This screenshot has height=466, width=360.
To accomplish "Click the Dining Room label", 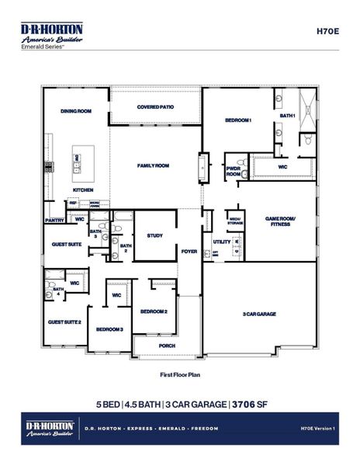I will [x=76, y=112].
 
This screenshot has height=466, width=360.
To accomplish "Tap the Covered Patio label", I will [x=155, y=107].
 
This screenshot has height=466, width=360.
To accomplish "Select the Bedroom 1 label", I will [x=238, y=120].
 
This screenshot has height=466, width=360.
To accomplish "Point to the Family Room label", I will [x=154, y=166].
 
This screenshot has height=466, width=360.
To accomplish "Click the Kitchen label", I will [x=83, y=190].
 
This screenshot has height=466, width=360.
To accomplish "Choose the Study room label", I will [x=154, y=235].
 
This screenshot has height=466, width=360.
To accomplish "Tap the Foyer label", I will [x=189, y=252].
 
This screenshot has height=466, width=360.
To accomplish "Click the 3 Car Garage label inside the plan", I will [x=260, y=314].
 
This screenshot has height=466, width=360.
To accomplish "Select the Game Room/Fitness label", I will [x=278, y=221].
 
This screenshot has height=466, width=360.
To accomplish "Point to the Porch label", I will [x=167, y=346].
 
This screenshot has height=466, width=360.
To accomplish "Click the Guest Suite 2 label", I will [x=64, y=322].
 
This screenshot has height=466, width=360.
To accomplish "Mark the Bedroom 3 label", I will [x=109, y=329].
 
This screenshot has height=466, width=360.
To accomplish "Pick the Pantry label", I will [x=54, y=221].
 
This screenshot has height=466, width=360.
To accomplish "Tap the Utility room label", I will [x=221, y=242].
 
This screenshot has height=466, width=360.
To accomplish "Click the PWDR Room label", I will [x=233, y=172].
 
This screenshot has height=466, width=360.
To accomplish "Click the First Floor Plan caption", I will [x=180, y=374].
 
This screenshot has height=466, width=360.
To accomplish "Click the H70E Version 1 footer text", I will [x=316, y=428].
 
